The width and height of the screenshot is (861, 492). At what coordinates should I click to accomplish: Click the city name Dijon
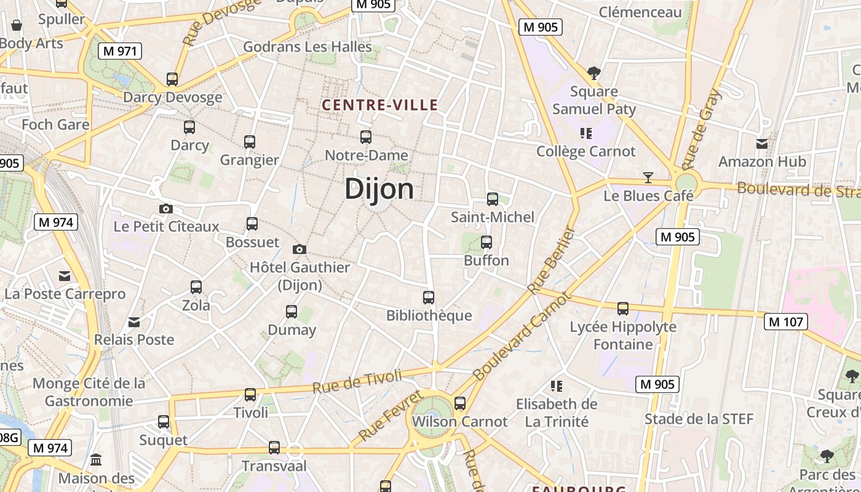[x=379, y=189]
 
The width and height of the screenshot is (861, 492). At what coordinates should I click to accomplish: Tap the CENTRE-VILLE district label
[x=379, y=105]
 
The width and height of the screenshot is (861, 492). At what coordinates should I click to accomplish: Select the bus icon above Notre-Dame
[x=366, y=137]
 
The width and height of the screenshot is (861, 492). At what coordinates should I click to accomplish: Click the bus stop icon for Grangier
[x=250, y=142]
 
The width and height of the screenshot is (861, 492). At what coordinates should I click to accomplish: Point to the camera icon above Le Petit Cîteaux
[x=166, y=208]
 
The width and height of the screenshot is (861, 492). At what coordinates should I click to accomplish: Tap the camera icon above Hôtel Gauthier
[x=300, y=249]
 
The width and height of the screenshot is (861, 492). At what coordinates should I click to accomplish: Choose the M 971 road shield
[x=120, y=51]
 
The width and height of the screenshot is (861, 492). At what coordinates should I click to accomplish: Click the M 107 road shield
[x=787, y=322]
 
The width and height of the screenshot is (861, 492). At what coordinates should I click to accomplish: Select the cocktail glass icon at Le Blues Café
[x=648, y=178]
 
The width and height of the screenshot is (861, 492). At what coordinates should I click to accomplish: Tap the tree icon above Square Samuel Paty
[x=593, y=73]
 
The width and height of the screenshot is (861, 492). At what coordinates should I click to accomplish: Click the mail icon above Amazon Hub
[x=762, y=144]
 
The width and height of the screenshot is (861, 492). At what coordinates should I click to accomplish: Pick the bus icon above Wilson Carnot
[x=460, y=403]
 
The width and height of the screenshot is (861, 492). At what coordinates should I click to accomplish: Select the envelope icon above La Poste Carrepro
[x=65, y=276]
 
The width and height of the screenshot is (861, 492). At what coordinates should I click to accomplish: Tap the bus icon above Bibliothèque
[x=429, y=298]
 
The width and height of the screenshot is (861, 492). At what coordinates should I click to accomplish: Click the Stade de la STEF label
[x=699, y=419]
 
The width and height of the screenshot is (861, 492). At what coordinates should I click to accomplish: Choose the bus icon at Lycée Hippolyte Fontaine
[x=623, y=308]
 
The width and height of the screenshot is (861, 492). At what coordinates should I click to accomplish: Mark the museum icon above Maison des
[x=96, y=460]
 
